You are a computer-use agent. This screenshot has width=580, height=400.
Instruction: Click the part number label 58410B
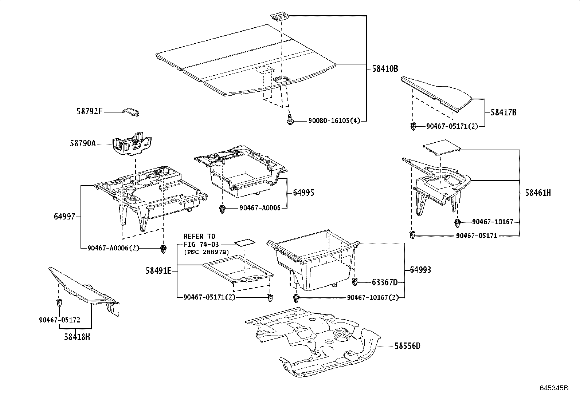point(385,68)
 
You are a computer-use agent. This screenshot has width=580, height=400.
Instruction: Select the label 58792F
point(90,112)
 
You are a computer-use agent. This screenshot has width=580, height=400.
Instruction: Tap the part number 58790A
point(83,143)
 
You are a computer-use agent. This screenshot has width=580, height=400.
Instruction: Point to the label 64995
point(303,193)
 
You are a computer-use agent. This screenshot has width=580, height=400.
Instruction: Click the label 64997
point(64,217)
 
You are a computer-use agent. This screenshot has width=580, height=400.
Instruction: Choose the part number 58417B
point(503,112)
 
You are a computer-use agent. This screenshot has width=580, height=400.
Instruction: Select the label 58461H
point(538,193)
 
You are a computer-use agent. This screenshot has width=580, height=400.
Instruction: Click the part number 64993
point(420,270)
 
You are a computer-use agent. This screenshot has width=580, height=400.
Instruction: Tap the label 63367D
point(385,282)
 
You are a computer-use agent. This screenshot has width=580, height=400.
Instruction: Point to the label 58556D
point(407,346)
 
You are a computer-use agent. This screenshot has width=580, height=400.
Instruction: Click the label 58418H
point(77,337)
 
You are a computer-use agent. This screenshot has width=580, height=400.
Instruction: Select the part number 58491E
point(158,270)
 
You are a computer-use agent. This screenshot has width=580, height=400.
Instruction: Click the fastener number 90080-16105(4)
point(334,121)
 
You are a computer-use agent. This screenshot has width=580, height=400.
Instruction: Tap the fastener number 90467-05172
point(59,320)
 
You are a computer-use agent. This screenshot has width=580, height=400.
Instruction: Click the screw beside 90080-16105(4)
point(290,120)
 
